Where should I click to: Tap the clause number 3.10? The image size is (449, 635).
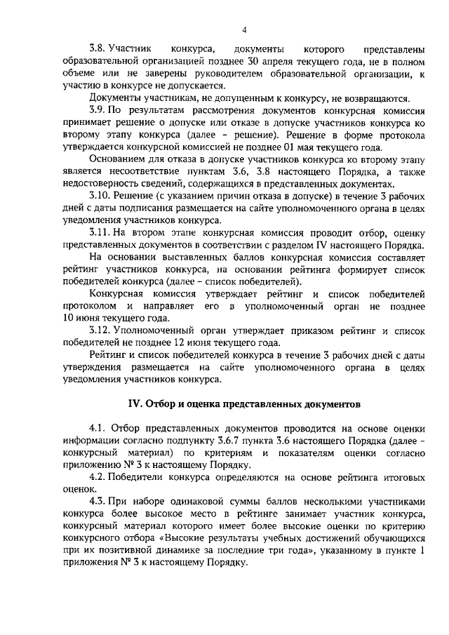coord(99,193)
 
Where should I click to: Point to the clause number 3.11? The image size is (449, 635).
coord(99,230)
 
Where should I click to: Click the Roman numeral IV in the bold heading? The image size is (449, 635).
coord(133,405)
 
